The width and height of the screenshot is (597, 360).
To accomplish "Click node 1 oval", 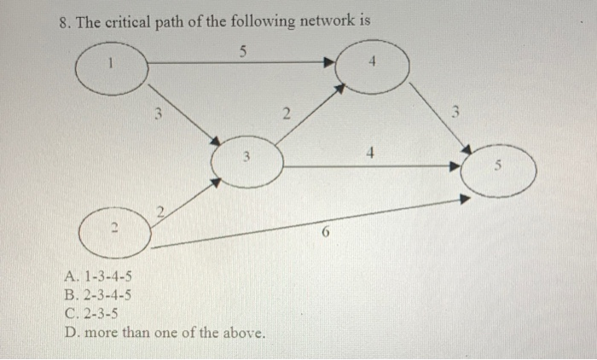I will click(x=112, y=64).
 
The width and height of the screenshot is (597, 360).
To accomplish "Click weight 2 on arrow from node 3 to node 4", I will click(x=287, y=113).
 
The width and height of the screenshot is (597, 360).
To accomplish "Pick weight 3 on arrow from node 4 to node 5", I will click(x=456, y=110).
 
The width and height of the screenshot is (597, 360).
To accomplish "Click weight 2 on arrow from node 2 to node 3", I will click(x=159, y=210).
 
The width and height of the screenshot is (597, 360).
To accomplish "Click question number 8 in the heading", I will click(x=65, y=21).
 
